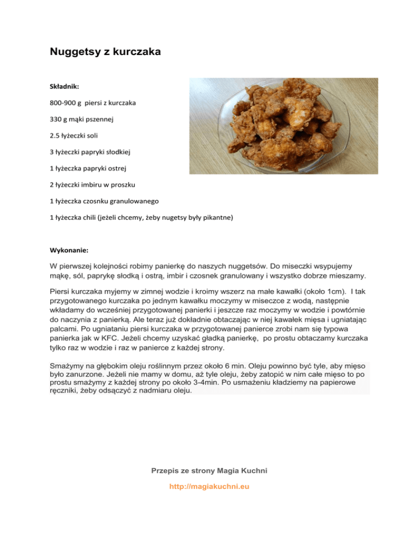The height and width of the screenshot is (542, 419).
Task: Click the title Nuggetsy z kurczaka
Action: pyautogui.click(x=105, y=53)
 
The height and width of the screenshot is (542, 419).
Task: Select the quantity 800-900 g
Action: pyautogui.click(x=66, y=102)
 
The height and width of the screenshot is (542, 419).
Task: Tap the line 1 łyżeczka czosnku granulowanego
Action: pyautogui.click(x=103, y=201)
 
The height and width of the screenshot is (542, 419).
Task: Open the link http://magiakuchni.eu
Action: pyautogui.click(x=209, y=486)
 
